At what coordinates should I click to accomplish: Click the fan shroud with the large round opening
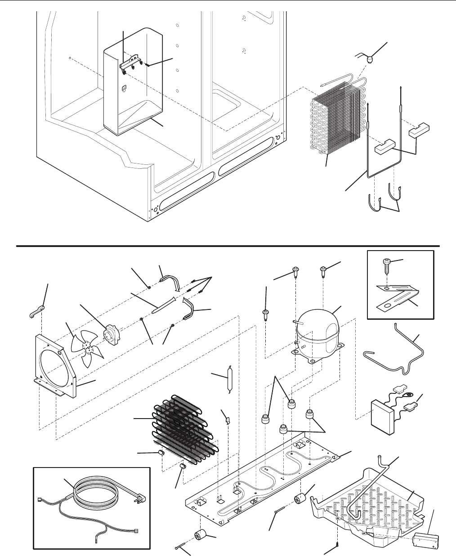[56, 364]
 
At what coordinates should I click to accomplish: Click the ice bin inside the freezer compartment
[130, 90]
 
